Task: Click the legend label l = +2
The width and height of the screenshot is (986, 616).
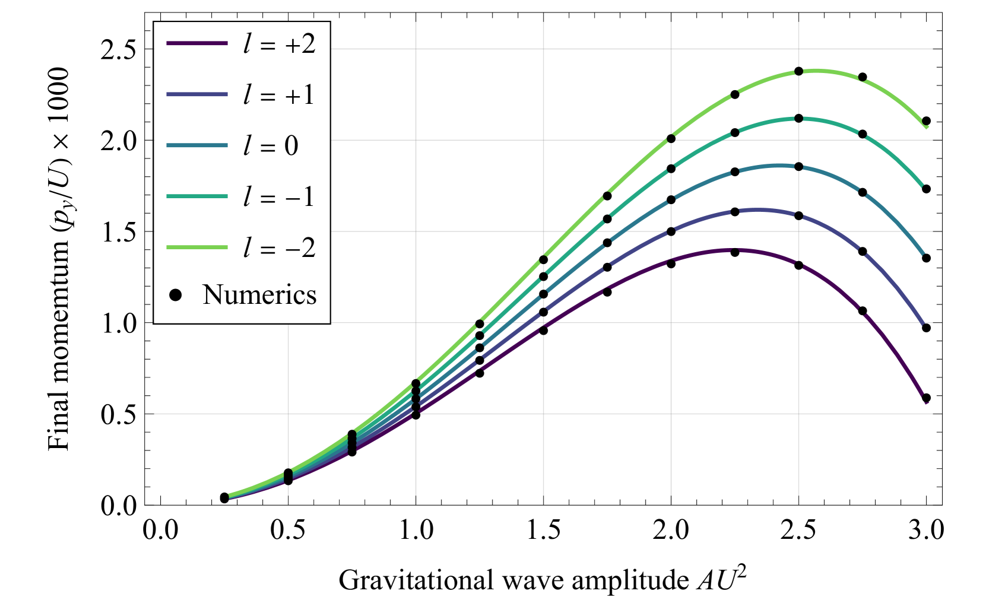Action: tap(279, 44)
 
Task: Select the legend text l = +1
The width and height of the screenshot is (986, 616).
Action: tap(279, 95)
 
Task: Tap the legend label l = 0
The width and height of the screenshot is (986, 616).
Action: tap(271, 146)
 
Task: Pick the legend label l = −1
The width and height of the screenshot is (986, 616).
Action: tap(279, 197)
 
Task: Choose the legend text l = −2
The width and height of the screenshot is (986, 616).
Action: tap(279, 248)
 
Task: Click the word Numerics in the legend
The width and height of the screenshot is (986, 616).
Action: tap(259, 295)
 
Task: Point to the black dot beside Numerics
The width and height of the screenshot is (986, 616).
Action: tap(175, 295)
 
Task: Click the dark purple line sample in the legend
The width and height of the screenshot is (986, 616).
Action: tap(197, 43)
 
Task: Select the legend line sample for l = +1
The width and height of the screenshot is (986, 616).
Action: tap(197, 94)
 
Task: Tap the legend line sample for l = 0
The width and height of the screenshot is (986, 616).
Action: tap(197, 145)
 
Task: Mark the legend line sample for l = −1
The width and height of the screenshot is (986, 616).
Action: tap(197, 196)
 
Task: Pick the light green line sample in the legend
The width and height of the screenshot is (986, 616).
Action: tap(197, 247)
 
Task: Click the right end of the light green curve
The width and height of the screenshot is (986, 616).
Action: tap(927, 126)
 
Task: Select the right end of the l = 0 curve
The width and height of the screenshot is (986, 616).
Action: tap(923, 254)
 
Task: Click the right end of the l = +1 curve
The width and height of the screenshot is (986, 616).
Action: tap(922, 323)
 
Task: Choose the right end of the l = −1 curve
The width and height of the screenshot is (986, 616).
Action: tap(922, 186)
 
